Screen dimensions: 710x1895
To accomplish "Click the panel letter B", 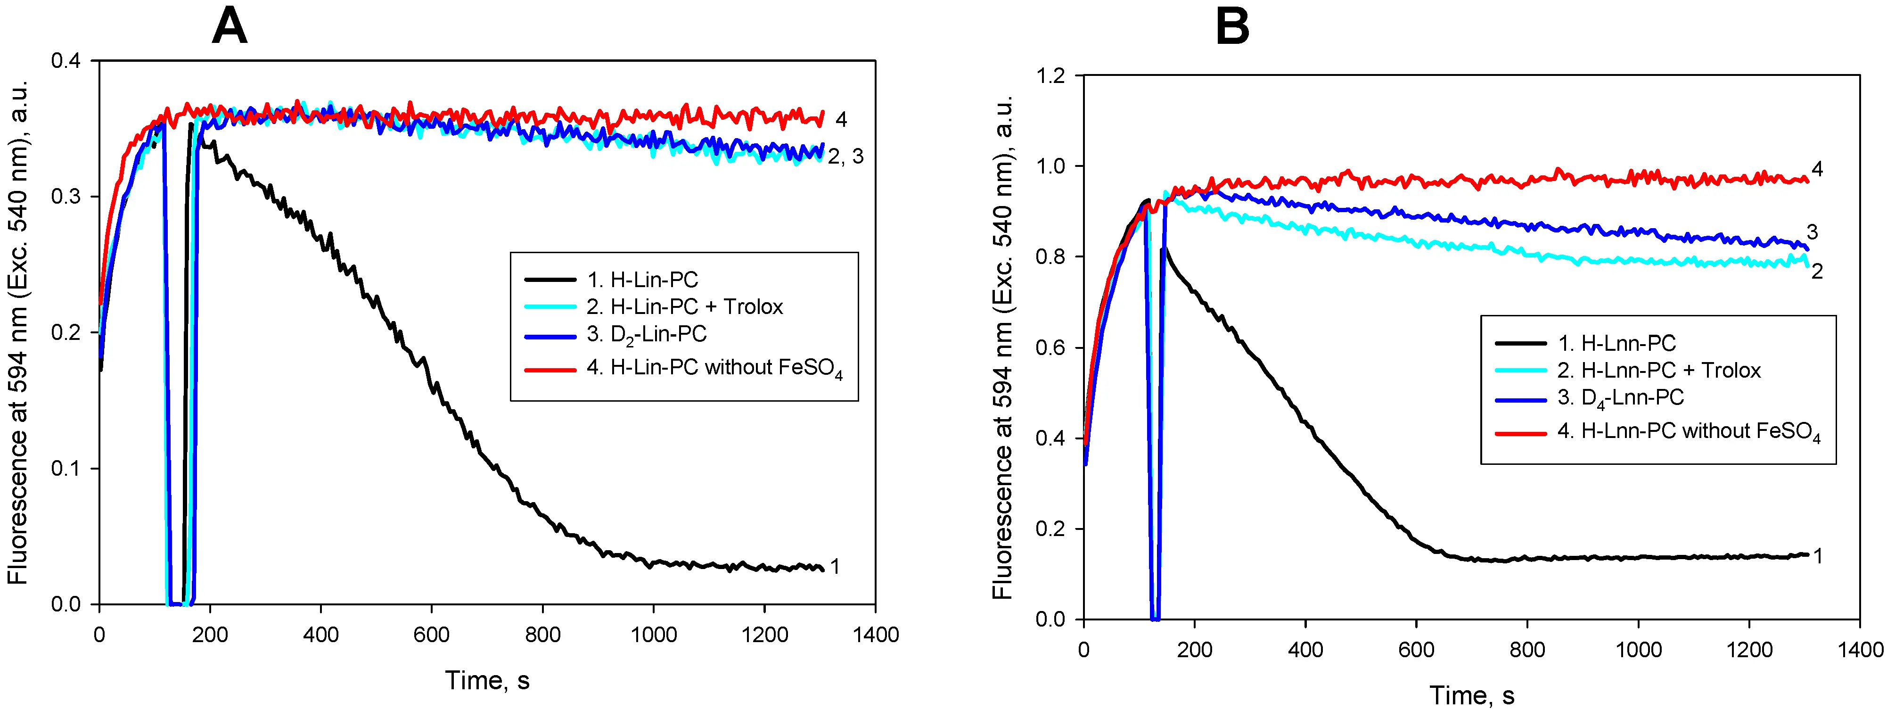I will tap(1232, 29).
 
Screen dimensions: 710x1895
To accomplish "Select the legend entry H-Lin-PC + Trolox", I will tap(685, 307).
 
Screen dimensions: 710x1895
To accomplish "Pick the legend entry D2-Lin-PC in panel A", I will tap(647, 335).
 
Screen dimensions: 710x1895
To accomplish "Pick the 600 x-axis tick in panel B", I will tap(1416, 650).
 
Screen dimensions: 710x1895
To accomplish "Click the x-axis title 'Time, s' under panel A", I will tap(487, 681).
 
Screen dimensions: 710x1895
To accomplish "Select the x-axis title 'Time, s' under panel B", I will tap(1472, 695).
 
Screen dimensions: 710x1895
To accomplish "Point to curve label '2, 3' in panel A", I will tap(845, 157).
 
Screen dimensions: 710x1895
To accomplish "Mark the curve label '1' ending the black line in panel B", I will tap(1817, 556).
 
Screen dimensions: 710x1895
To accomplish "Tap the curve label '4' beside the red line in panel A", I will tap(841, 119).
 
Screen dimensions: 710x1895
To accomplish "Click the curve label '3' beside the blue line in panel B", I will tap(1812, 232).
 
